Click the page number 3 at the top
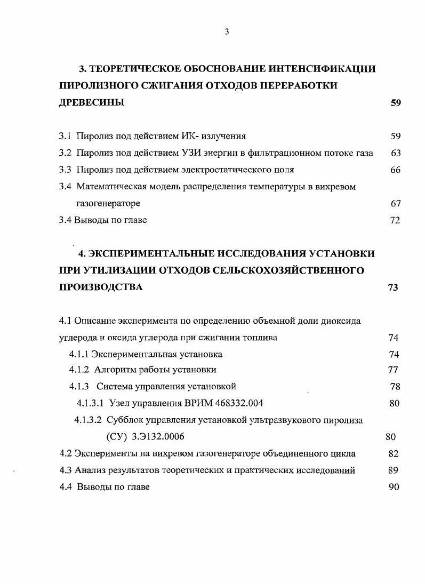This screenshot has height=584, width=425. pyautogui.click(x=227, y=32)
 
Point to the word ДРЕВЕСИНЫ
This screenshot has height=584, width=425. pyautogui.click(x=92, y=103)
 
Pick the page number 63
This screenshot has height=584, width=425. pyautogui.click(x=395, y=153)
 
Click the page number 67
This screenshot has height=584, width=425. pyautogui.click(x=395, y=203)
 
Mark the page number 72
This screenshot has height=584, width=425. pyautogui.click(x=395, y=220)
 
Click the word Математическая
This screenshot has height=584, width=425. pyautogui.click(x=108, y=187)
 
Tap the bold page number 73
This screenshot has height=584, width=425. pyautogui.click(x=393, y=287)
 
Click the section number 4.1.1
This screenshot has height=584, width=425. pyautogui.click(x=78, y=354)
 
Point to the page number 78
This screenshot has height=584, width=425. pyautogui.click(x=395, y=386)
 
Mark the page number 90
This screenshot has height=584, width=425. pyautogui.click(x=394, y=487)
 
